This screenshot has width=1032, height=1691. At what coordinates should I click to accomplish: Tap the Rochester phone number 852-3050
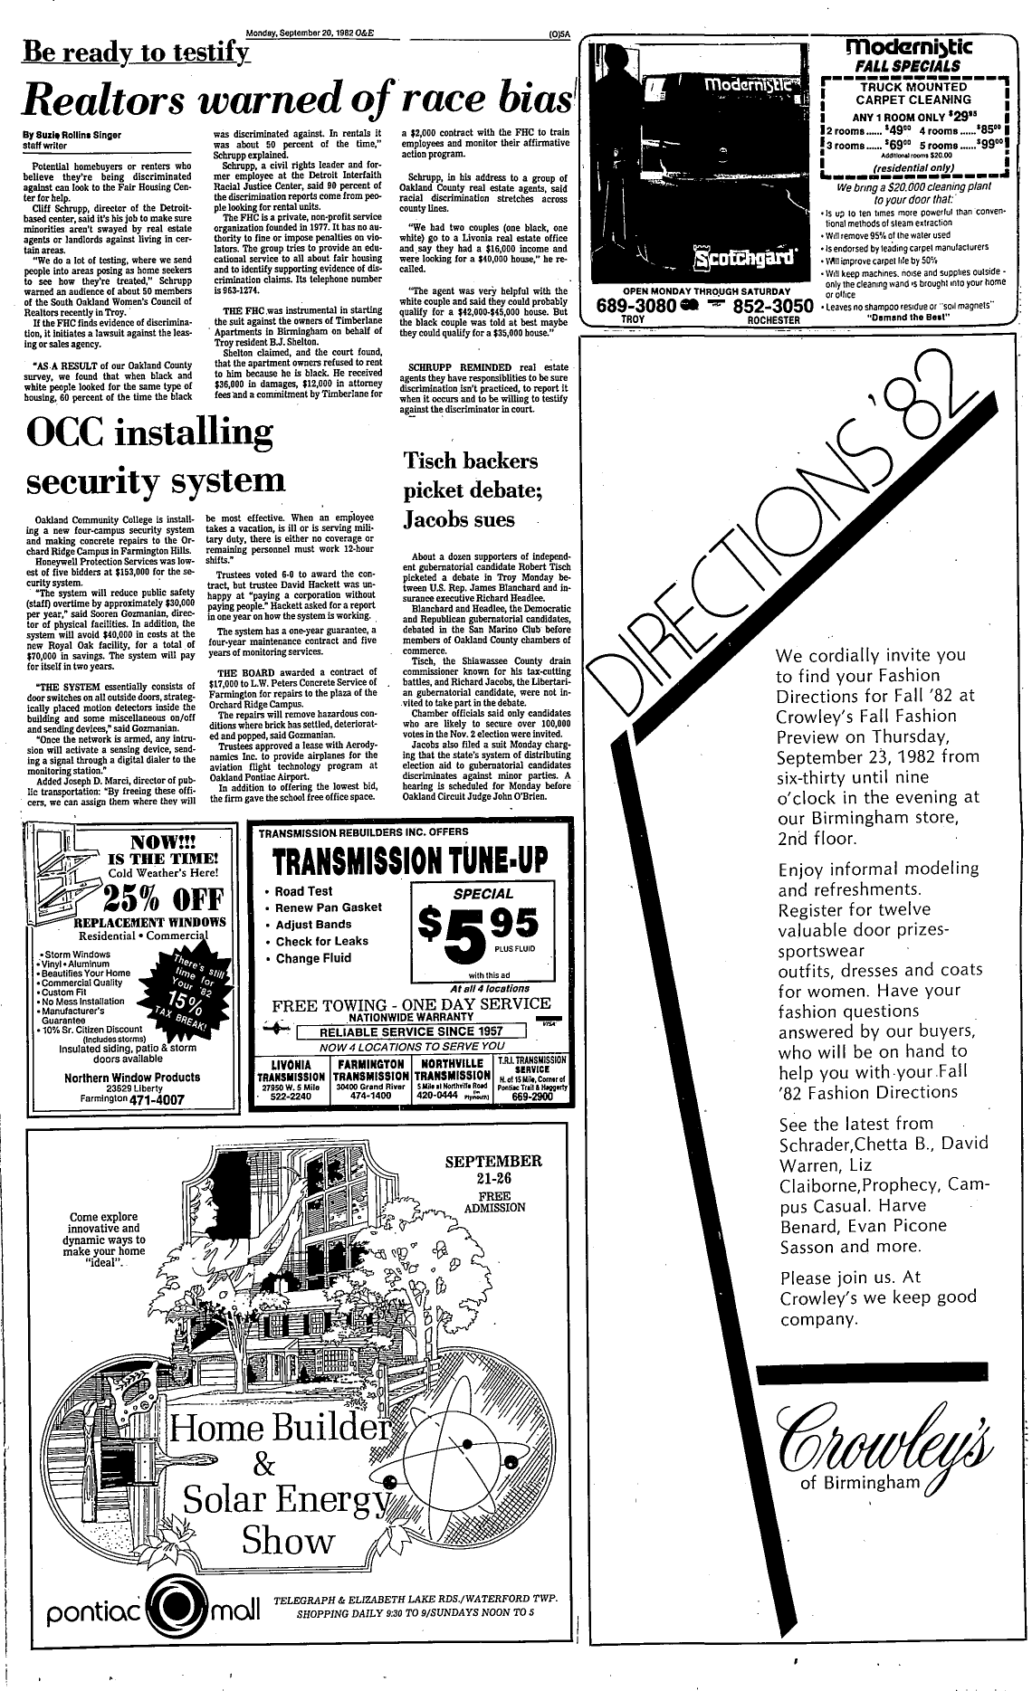(x=771, y=306)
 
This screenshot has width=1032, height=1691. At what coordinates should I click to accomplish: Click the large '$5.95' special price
(x=477, y=927)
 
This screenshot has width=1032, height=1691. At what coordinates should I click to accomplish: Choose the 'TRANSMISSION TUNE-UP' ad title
(x=413, y=860)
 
